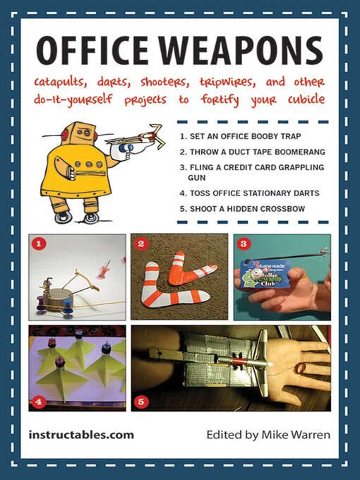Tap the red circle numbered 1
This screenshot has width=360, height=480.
(40, 244)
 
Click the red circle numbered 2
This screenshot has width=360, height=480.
(140, 244)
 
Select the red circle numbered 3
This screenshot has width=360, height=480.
(244, 244)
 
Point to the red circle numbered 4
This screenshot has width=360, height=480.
(40, 403)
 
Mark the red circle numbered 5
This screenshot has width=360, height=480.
(140, 403)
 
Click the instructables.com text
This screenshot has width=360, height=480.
(81, 435)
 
